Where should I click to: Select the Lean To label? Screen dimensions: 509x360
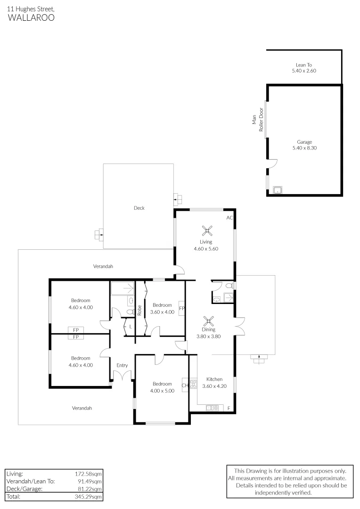[304, 65]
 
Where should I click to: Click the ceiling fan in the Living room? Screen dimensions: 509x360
[206, 231]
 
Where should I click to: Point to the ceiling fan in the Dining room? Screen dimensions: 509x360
[208, 321]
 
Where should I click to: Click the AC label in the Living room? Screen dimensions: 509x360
[229, 218]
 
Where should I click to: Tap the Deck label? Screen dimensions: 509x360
[139, 208]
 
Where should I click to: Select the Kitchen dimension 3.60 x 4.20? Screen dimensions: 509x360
[214, 386]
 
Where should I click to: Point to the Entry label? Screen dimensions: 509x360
[122, 365]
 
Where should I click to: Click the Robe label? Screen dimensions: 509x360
[139, 310]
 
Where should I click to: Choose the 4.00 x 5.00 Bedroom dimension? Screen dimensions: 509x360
[162, 390]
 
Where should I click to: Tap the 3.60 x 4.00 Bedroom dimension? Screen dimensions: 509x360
[162, 312]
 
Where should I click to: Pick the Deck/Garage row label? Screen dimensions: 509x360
[24, 489]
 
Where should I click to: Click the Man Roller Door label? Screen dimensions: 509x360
[257, 121]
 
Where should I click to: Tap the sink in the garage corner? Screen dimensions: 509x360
[278, 190]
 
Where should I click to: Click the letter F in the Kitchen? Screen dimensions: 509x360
[229, 408]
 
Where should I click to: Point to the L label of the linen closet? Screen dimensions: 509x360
[130, 326]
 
